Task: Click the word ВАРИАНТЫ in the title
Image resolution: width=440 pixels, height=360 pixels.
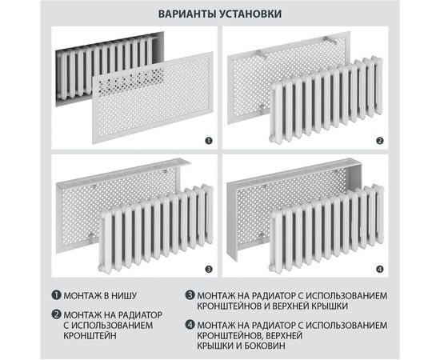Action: pyautogui.click(x=184, y=15)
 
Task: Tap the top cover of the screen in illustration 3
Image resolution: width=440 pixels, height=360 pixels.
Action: pyautogui.click(x=120, y=164)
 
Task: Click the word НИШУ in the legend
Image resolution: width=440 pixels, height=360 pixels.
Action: pyautogui.click(x=132, y=297)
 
